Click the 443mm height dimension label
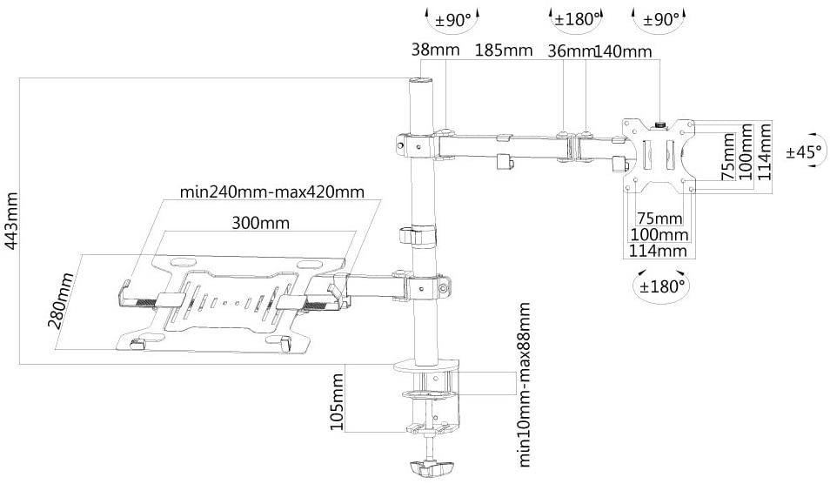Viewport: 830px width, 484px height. (x=11, y=221)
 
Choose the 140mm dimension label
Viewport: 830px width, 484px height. (x=622, y=50)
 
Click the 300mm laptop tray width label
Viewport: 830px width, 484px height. (x=260, y=223)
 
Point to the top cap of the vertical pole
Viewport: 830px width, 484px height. (x=420, y=84)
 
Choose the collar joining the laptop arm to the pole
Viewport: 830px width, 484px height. (x=426, y=285)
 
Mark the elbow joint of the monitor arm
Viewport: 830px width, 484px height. (x=574, y=144)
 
